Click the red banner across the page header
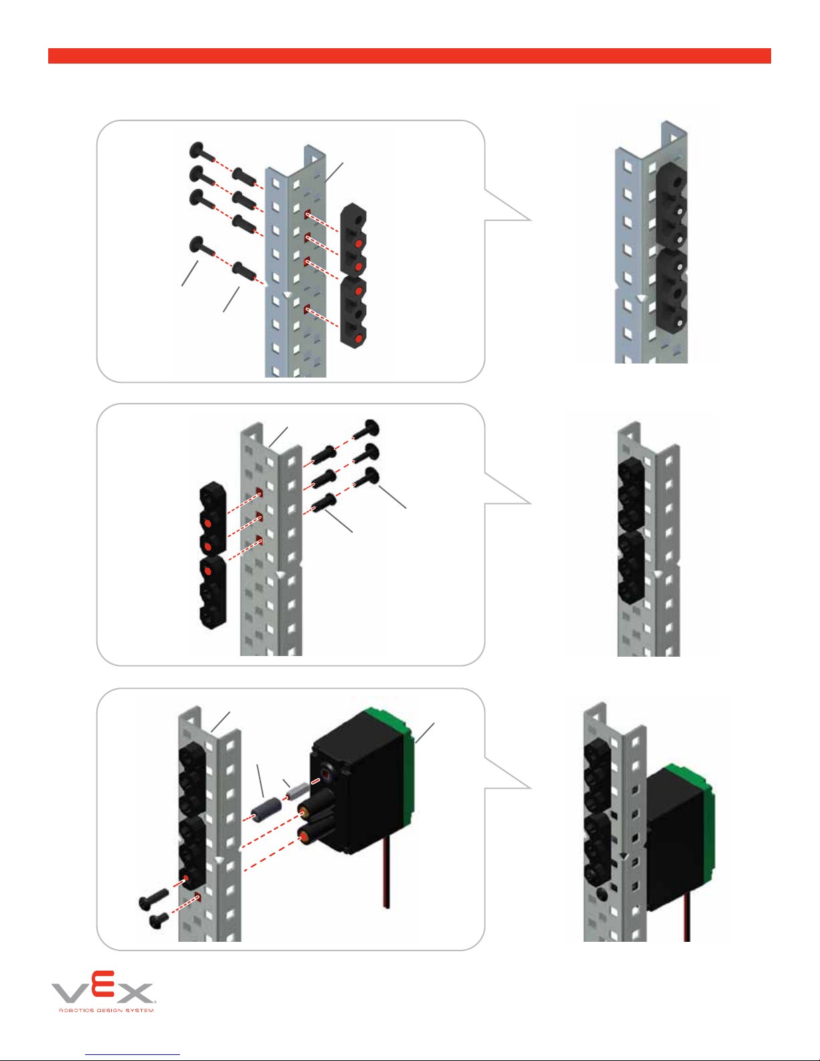(x=409, y=56)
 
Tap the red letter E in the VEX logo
(x=103, y=983)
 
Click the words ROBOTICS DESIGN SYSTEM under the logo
(x=106, y=1010)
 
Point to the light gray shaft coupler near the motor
(x=297, y=791)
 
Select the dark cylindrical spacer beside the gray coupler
(x=266, y=809)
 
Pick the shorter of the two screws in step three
(x=159, y=920)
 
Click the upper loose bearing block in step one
(x=353, y=239)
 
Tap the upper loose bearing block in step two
(x=213, y=519)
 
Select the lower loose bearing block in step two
(x=213, y=592)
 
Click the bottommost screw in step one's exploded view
(x=244, y=271)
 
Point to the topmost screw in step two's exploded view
(x=367, y=429)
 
